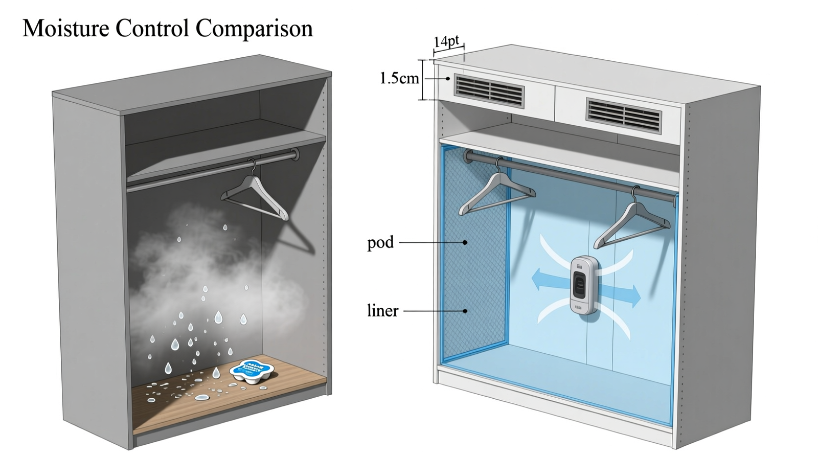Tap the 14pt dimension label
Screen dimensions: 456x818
pyautogui.click(x=446, y=41)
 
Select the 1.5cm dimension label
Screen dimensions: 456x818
pyautogui.click(x=399, y=78)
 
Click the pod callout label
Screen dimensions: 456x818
pyautogui.click(x=380, y=242)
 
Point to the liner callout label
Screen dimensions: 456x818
pyautogui.click(x=382, y=310)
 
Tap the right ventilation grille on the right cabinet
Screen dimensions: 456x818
pyautogui.click(x=624, y=116)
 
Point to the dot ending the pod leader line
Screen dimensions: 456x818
pyautogui.click(x=465, y=242)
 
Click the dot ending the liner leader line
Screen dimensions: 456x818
pyautogui.click(x=465, y=310)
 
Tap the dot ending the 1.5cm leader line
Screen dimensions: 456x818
pyautogui.click(x=448, y=78)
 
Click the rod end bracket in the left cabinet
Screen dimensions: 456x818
pyautogui.click(x=294, y=155)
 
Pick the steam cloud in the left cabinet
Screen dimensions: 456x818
pyautogui.click(x=204, y=266)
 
